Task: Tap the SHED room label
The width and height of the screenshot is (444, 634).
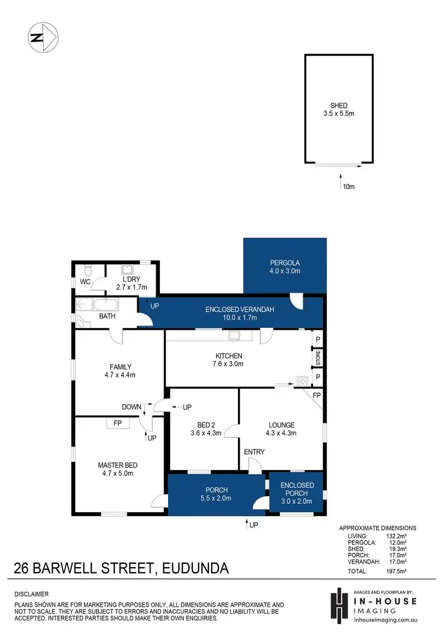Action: (339, 105)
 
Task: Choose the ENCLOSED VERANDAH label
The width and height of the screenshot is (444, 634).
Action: (240, 309)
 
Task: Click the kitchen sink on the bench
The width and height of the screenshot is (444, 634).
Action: (234, 336)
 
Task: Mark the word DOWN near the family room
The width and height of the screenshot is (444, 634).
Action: (131, 407)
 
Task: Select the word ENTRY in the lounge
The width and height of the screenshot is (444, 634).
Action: (255, 452)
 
